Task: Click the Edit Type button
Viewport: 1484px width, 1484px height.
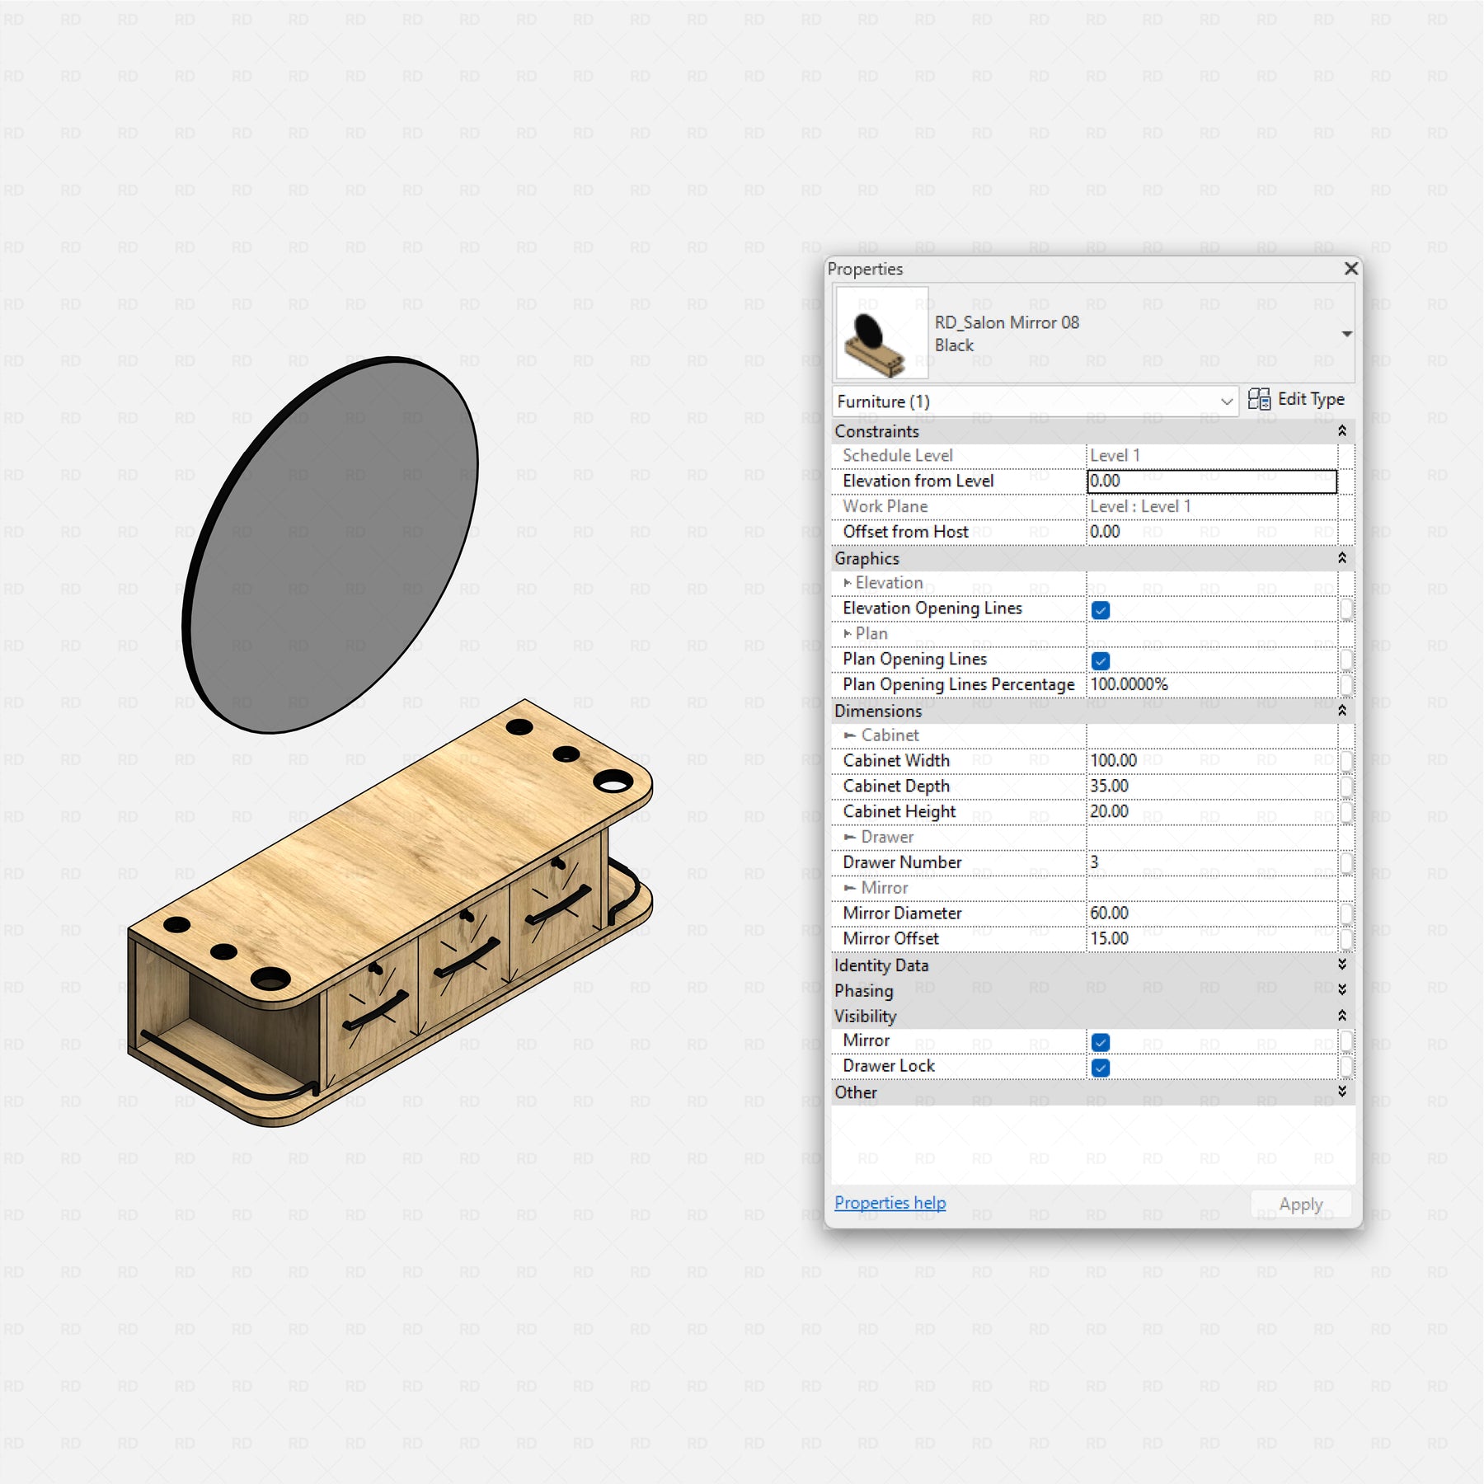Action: point(1296,400)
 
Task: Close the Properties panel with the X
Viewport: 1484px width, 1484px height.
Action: point(1350,269)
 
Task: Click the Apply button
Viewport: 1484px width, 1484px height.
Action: point(1300,1205)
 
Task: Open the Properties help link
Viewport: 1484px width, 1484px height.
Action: point(890,1203)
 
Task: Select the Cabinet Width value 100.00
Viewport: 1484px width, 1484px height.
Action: point(1113,760)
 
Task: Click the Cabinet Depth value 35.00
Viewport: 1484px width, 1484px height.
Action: point(1109,786)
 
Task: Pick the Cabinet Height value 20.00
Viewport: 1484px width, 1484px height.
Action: point(1109,811)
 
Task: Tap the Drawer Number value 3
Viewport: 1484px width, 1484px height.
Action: point(1094,862)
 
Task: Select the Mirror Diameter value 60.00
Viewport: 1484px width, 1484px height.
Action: point(1109,913)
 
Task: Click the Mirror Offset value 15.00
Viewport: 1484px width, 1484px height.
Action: point(1109,938)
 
